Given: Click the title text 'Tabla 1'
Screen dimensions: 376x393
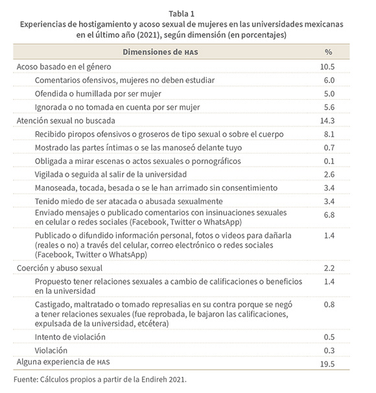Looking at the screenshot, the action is click(x=182, y=14).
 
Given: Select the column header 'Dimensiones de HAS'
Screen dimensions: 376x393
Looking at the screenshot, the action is click(x=160, y=52).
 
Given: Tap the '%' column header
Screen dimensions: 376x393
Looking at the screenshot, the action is click(x=329, y=52).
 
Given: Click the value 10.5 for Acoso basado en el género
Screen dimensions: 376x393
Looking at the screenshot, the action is click(x=327, y=67).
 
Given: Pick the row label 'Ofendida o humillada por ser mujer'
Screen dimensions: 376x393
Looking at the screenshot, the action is click(x=98, y=94).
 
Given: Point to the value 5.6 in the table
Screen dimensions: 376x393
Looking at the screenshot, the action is click(x=329, y=107).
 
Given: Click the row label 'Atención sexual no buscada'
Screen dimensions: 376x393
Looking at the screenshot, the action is click(x=66, y=121).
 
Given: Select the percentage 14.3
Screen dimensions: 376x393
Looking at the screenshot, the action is click(x=327, y=121).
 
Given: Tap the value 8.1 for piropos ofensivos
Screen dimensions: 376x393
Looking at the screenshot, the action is click(x=329, y=134).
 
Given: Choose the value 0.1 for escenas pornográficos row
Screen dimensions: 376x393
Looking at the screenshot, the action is click(x=329, y=161).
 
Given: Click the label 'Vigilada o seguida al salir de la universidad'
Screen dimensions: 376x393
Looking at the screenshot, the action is click(x=111, y=174).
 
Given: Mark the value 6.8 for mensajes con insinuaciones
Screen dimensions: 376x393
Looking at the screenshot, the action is click(x=329, y=215).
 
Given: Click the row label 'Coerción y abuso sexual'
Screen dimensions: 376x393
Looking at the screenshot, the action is click(x=60, y=268).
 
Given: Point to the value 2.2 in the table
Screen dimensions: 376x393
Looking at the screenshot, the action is click(x=329, y=268).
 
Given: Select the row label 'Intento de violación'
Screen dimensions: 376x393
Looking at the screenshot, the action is click(x=70, y=337).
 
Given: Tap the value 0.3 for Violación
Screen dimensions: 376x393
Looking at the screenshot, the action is click(x=329, y=351).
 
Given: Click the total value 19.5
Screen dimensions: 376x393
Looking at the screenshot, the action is click(x=327, y=364).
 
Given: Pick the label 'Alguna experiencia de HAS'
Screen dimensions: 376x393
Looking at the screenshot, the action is click(x=64, y=362).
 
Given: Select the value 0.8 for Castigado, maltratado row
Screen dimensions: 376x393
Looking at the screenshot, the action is click(x=329, y=305).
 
